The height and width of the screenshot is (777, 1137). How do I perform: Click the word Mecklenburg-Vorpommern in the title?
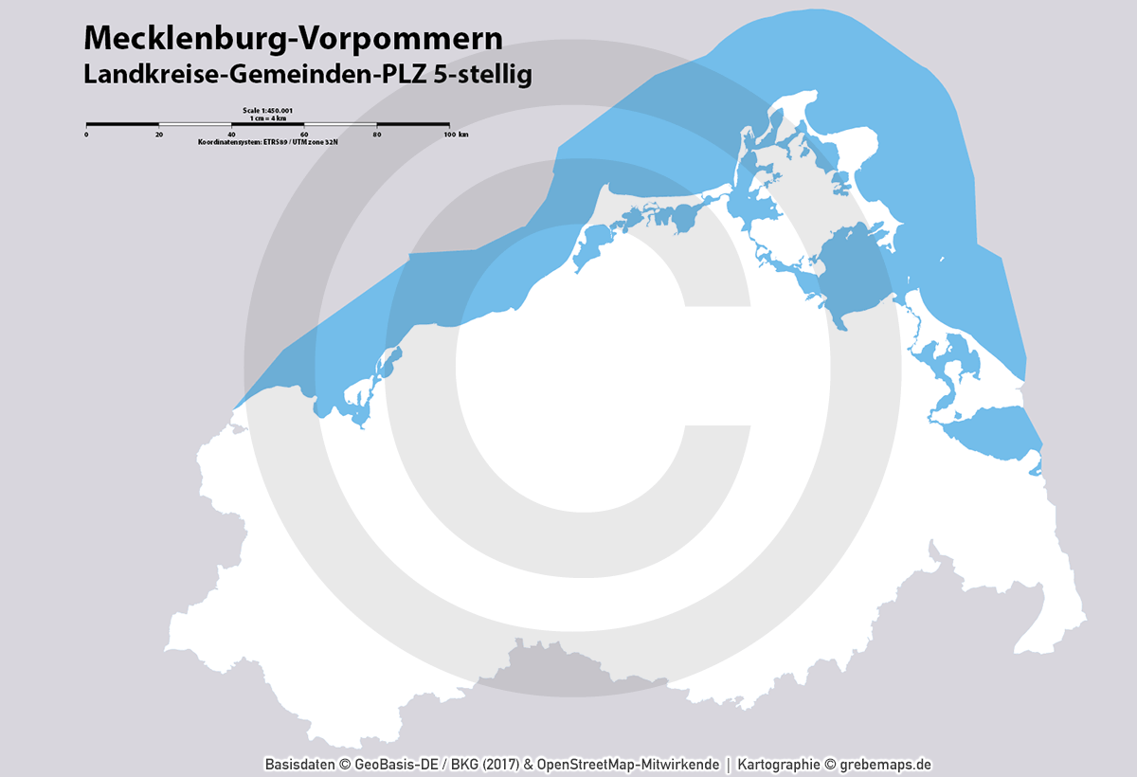point(293,37)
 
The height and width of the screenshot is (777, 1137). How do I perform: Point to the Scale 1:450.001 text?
point(268,111)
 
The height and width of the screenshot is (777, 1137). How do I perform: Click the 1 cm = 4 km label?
point(268,117)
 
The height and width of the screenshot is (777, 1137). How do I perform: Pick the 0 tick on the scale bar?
point(86,135)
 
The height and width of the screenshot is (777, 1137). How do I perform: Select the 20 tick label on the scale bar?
point(159,135)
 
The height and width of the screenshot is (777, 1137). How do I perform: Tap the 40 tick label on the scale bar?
point(231,135)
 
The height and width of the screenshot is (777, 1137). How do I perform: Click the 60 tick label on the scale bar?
point(304,135)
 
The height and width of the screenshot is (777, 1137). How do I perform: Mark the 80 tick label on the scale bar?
point(376,135)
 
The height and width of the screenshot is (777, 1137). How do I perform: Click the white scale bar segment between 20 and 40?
point(195,124)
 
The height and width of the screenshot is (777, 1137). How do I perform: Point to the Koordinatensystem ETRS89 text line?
point(268,141)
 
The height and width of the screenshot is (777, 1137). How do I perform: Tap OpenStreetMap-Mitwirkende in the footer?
point(627,764)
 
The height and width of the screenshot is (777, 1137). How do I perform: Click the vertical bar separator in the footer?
point(728,764)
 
